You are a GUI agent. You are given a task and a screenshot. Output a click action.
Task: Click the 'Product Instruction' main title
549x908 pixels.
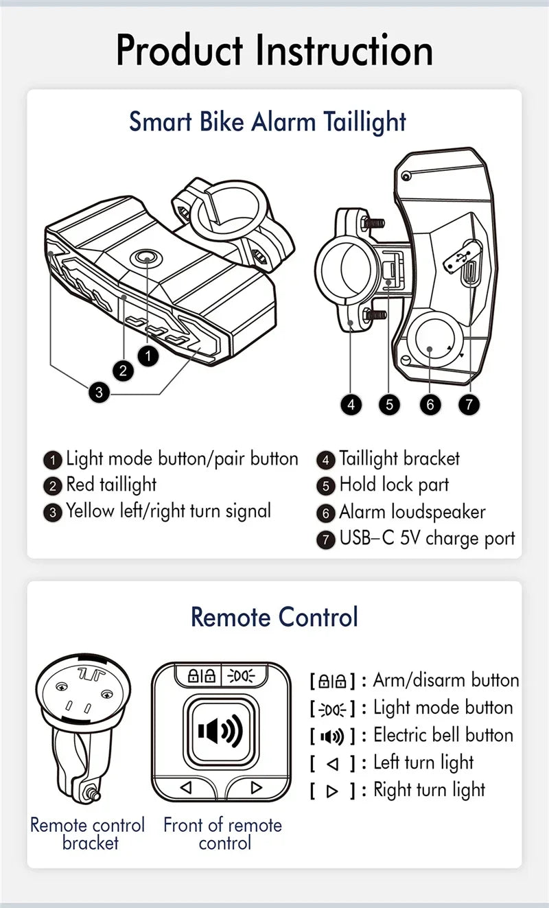click(274, 51)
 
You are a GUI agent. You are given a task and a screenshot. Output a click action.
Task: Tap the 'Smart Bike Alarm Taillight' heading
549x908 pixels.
click(268, 121)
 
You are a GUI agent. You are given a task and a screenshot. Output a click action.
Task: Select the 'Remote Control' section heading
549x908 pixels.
click(274, 616)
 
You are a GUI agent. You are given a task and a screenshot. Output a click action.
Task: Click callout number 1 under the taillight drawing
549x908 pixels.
click(148, 355)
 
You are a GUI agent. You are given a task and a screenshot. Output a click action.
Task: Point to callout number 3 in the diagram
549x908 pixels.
click(99, 393)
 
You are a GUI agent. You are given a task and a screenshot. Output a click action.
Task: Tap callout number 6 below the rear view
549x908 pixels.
click(430, 404)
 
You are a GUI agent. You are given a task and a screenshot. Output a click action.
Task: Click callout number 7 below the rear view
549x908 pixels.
click(469, 404)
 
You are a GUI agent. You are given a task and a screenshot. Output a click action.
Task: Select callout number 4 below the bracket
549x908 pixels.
click(351, 404)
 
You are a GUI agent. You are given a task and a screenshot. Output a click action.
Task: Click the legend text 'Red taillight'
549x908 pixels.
click(111, 485)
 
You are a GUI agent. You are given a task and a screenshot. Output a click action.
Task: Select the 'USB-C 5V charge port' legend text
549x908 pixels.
click(427, 538)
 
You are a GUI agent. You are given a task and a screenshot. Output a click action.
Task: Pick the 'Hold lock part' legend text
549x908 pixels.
click(394, 485)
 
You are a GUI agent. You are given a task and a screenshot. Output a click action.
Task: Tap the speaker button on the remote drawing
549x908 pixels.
click(220, 731)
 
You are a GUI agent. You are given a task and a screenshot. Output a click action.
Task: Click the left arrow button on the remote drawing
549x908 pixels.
click(186, 787)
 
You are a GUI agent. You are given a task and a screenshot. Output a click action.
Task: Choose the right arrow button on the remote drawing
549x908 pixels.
click(256, 787)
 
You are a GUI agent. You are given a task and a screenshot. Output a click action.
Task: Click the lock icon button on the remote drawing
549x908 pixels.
click(196, 676)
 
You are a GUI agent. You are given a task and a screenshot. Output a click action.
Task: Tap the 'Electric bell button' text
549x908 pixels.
click(443, 735)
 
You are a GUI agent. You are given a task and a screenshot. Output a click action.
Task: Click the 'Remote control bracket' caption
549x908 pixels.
click(88, 833)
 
